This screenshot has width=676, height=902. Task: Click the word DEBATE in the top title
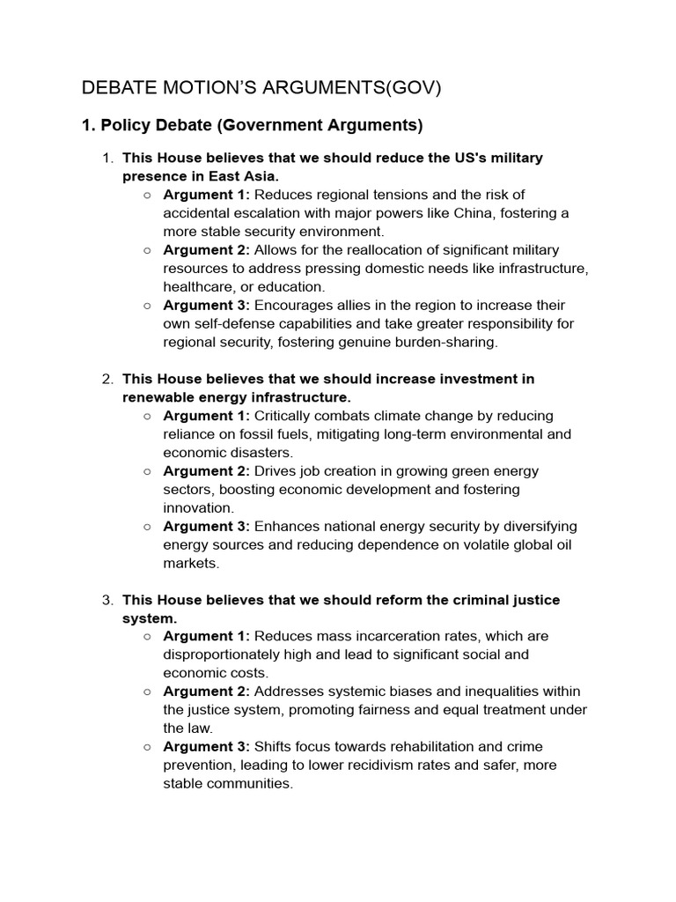(x=112, y=88)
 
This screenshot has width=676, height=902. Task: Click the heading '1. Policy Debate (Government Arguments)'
(x=252, y=125)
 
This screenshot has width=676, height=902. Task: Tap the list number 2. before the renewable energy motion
(x=107, y=379)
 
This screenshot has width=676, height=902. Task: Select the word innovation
(x=198, y=508)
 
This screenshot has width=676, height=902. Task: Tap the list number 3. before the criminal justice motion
(x=107, y=600)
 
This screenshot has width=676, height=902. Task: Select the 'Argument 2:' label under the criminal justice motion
(x=206, y=691)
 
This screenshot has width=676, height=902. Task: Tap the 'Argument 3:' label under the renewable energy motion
(x=206, y=526)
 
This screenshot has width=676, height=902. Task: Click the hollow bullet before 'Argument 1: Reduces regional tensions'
(x=147, y=195)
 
